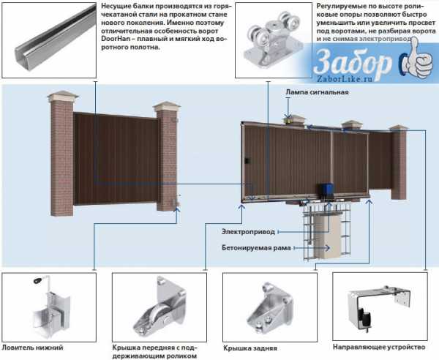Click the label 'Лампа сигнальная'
pos(318,93)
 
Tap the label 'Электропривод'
pos(249,232)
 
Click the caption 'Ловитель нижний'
pos(32,347)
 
